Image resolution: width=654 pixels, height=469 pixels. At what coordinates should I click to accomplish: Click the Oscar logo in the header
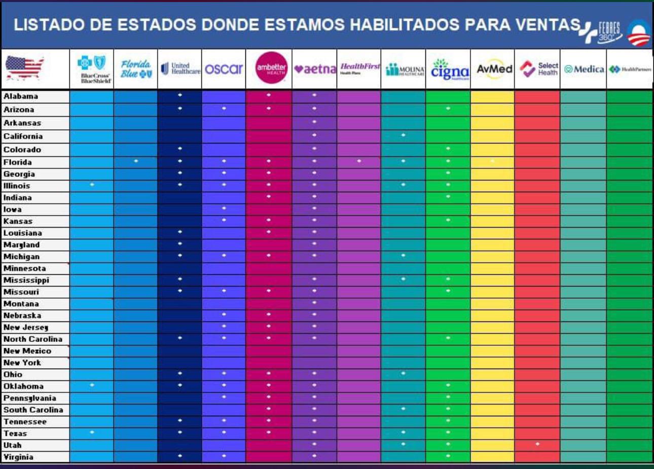(224, 68)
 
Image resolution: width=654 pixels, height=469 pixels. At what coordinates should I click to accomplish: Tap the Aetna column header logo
(314, 69)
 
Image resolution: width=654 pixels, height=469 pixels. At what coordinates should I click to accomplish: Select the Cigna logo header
(449, 69)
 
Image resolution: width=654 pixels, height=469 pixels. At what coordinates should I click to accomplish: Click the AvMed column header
(493, 69)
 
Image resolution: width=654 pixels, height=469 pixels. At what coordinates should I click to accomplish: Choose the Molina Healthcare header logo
(404, 69)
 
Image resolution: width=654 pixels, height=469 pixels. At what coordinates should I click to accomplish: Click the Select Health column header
(538, 69)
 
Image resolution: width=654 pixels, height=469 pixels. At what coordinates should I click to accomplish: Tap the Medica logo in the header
(584, 69)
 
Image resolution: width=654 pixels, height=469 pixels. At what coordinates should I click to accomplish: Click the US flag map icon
(24, 68)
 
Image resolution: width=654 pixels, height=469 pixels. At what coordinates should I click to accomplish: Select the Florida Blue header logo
(136, 69)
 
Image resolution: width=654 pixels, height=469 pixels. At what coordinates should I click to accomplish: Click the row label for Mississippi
(26, 280)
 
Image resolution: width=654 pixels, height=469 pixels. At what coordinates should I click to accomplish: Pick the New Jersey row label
(25, 327)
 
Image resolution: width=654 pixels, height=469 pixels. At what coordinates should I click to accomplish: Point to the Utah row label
(13, 445)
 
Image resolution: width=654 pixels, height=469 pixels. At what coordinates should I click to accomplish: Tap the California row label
(23, 136)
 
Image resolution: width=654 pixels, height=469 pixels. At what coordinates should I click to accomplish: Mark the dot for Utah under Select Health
(537, 444)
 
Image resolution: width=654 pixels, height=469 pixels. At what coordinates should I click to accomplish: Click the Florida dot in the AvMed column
(492, 161)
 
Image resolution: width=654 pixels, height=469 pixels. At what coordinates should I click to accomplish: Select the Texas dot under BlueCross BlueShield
(92, 432)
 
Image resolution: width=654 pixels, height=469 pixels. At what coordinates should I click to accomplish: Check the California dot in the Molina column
(403, 135)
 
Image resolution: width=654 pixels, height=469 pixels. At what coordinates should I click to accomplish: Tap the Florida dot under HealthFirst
(359, 161)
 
